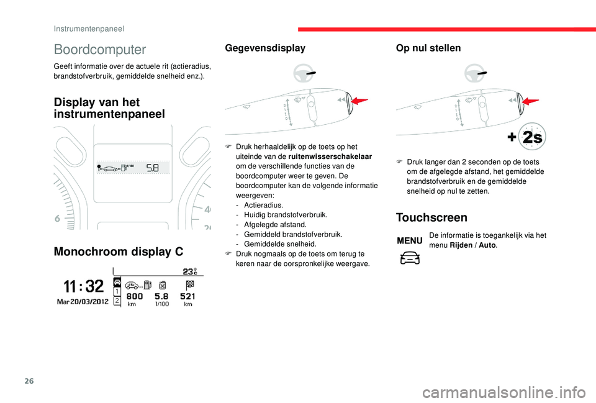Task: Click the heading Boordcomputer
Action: pos(100,50)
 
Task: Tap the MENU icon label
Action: pos(410,240)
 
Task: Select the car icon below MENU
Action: pos(410,257)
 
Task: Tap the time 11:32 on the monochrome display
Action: pos(83,286)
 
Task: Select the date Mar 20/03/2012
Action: pos(83,301)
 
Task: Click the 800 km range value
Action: pos(135,296)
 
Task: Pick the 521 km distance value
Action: pos(188,296)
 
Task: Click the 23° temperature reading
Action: pos(189,271)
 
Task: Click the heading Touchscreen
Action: pos(431,217)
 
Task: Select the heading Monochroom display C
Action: pos(119,251)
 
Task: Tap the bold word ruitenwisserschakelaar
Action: pos(338,156)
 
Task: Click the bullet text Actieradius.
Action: pos(264,204)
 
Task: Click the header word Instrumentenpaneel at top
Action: pos(89,28)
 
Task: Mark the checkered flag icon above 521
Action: pos(189,284)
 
